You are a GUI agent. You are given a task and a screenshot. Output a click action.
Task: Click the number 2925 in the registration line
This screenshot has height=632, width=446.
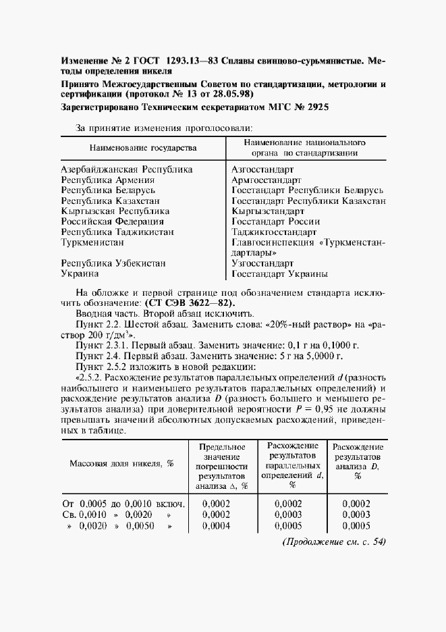point(314,107)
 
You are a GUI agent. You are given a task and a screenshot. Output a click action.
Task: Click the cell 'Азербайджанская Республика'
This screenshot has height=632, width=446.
point(127,170)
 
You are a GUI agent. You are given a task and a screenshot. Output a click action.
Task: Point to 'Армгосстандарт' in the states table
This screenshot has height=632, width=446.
point(266,180)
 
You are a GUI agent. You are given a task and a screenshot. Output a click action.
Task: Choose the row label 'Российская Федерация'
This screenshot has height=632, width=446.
point(112,221)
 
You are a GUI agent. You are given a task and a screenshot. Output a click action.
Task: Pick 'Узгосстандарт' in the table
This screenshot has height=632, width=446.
point(262,263)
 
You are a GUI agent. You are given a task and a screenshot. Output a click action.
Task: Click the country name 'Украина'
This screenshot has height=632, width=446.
point(80,273)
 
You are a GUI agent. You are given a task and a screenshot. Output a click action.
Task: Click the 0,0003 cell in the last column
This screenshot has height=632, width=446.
point(356,515)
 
